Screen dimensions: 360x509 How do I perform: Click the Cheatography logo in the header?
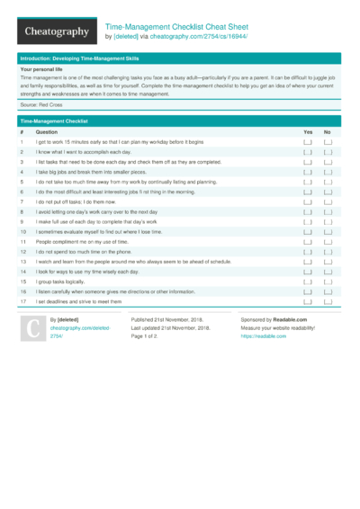[55, 31]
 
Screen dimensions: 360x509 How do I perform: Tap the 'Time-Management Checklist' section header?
[54, 120]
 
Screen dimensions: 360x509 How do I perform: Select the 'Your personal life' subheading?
[41, 69]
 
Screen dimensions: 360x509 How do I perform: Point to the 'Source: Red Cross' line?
[41, 104]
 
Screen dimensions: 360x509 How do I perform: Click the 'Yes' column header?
[308, 131]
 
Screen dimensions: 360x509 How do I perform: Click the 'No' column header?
[327, 131]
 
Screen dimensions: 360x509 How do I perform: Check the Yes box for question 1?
[308, 142]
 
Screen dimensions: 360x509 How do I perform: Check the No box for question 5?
[328, 182]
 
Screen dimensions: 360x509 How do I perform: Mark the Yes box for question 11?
[308, 242]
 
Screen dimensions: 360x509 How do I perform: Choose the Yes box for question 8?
[308, 212]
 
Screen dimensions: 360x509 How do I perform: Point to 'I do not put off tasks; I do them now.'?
[85, 201]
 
